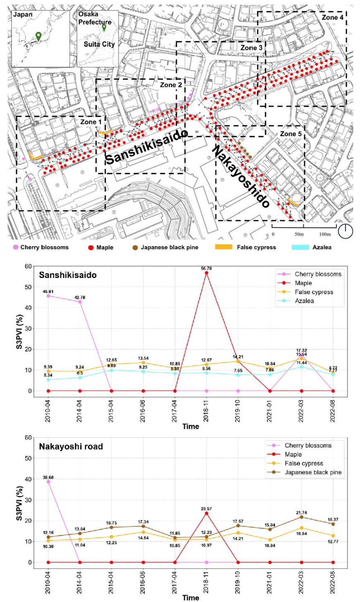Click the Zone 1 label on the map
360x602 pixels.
91,122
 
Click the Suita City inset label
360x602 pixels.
99,44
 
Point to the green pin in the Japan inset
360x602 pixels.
38,36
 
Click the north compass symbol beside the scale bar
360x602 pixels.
345,231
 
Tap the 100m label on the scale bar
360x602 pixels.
325,235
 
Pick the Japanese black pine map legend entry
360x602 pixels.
169,247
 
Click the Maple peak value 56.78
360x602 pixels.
206,268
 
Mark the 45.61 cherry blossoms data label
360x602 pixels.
49,291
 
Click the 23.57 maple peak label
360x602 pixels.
206,508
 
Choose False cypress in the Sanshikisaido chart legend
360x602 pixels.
314,292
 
